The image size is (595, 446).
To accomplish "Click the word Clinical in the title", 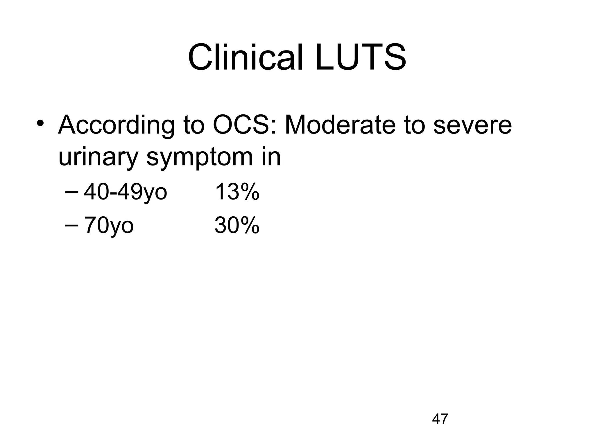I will tap(245, 57).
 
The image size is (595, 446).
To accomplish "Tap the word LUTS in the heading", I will tap(361, 57).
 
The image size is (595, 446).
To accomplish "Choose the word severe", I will tap(472, 125).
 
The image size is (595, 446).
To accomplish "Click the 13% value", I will tap(236, 192).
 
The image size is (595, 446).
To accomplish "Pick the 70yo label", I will tap(109, 225).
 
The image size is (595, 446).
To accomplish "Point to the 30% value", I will tap(236, 225).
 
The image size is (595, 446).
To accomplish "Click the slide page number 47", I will tap(440, 419).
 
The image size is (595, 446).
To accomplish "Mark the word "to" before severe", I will tap(414, 125).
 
